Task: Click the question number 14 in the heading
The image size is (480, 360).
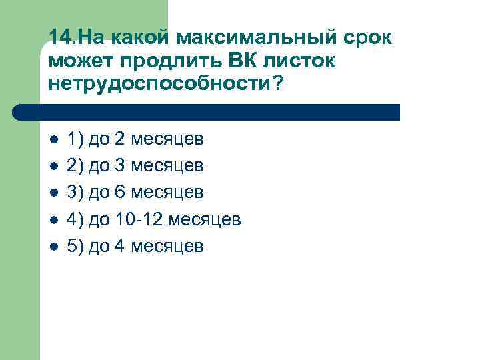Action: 58,38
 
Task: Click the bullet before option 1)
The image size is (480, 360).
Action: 54,140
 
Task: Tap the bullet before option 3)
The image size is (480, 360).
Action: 54,193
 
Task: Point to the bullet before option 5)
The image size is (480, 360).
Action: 54,247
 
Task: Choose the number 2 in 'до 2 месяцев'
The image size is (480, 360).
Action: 119,139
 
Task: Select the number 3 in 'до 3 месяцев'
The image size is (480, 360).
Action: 119,166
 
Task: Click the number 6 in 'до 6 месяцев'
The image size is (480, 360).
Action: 119,193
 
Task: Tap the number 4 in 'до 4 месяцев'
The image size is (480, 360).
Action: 119,246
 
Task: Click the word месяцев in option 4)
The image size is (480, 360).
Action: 205,220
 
